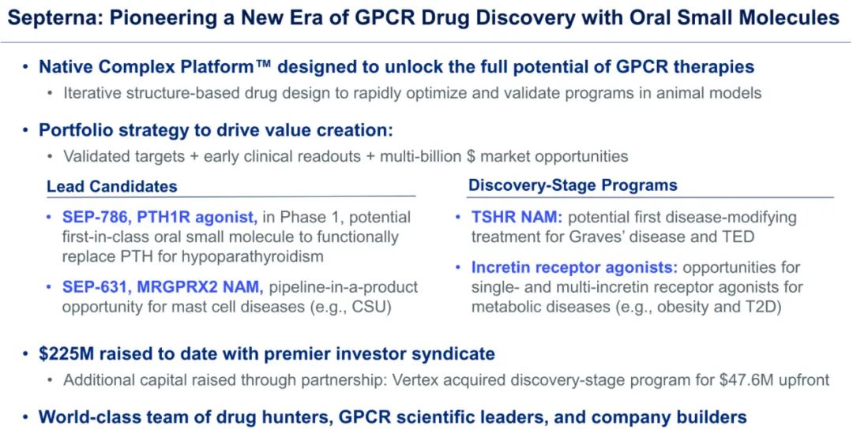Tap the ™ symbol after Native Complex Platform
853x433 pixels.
(x=265, y=65)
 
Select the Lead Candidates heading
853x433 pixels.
(x=112, y=186)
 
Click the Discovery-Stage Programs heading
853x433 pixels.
(x=573, y=185)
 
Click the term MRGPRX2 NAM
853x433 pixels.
(x=199, y=287)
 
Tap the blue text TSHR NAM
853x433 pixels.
(x=517, y=218)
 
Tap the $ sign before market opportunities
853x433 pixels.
(x=471, y=156)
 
